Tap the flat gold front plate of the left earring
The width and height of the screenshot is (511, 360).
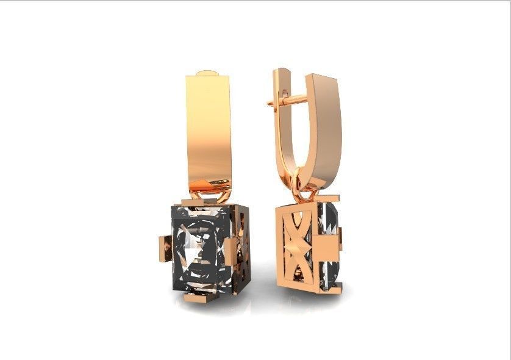pyautogui.click(x=209, y=128)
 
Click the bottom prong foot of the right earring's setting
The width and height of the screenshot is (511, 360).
pyautogui.click(x=332, y=287)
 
